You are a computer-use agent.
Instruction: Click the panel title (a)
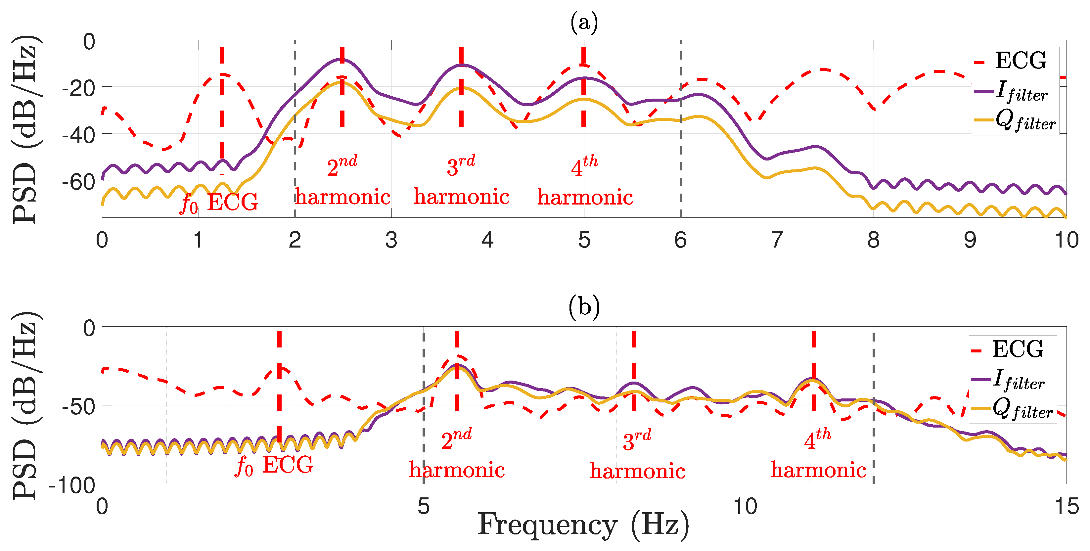[584, 22]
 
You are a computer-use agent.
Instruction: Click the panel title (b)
[584, 306]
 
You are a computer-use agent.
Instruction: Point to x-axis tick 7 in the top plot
[777, 240]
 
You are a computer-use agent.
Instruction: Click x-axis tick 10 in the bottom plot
[745, 506]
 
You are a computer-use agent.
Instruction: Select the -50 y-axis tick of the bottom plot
[79, 407]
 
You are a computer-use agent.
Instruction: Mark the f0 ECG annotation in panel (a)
[219, 202]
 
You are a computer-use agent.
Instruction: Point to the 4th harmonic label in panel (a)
[585, 181]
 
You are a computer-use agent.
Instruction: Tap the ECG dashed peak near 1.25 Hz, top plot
[222, 75]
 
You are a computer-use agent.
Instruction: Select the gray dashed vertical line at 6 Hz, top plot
[680, 129]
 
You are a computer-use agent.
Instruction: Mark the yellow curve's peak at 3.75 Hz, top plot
[462, 88]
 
